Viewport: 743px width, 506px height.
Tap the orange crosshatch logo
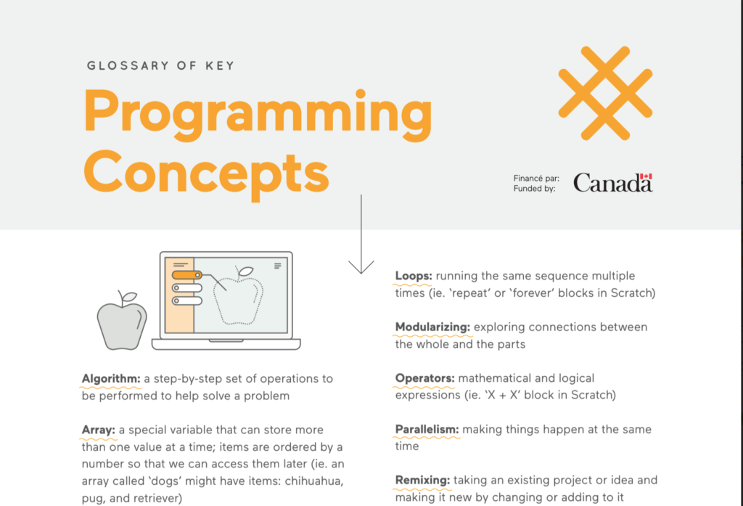[605, 93]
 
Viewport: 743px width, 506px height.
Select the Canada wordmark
[612, 182]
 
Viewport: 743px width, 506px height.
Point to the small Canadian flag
[646, 176]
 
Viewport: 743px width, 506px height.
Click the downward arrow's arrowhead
[361, 267]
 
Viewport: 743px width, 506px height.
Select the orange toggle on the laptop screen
[186, 275]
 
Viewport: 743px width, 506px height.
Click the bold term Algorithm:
[111, 378]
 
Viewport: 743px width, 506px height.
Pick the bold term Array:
[98, 430]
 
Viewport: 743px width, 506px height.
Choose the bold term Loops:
[413, 276]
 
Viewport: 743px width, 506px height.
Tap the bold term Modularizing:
[432, 327]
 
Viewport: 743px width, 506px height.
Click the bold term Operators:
[424, 378]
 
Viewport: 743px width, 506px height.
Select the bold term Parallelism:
[427, 429]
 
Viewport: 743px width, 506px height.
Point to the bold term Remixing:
[422, 481]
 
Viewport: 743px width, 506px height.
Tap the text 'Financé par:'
[536, 179]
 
